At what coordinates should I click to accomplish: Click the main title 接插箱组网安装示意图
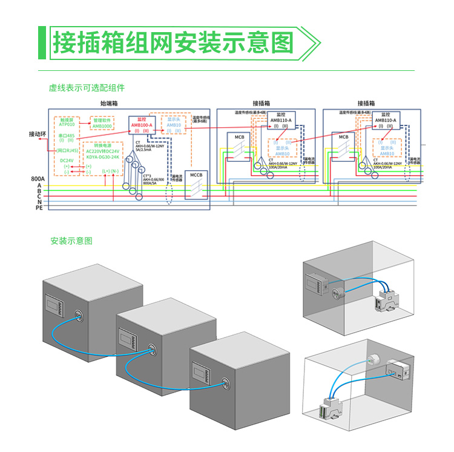coord(173,43)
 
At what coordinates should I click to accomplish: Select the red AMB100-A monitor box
coord(142,124)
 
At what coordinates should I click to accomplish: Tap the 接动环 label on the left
coord(38,134)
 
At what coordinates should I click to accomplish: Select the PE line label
coord(38,208)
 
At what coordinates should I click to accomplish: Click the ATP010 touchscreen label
coord(67,124)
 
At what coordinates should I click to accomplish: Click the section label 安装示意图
coord(71,241)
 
